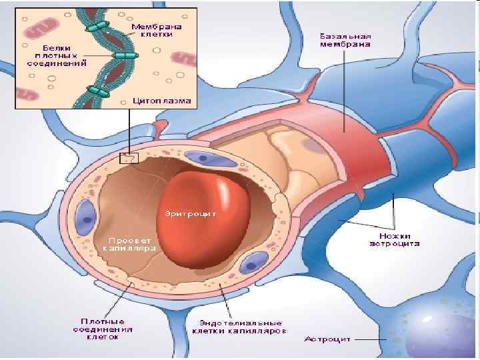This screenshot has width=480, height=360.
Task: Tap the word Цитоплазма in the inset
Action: coord(162,101)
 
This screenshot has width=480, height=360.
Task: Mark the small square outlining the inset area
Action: coord(128,159)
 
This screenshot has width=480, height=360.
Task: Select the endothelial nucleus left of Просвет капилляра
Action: coord(85,216)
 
